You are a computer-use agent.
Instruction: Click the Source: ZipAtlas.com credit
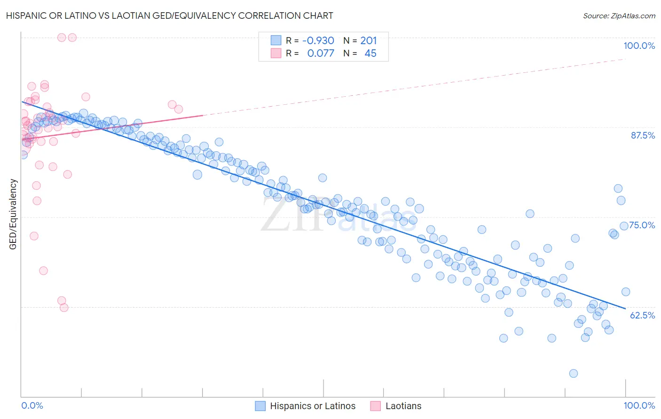pyautogui.click(x=619, y=16)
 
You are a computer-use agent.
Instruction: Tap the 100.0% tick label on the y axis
pyautogui.click(x=639, y=46)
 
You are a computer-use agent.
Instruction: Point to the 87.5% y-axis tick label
pyautogui.click(x=643, y=135)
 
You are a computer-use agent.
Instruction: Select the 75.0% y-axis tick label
pyautogui.click(x=642, y=225)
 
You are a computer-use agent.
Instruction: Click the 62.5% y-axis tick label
pyautogui.click(x=642, y=315)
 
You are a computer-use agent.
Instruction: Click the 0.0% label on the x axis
pyautogui.click(x=32, y=405)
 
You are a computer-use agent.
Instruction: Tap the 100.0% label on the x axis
pyautogui.click(x=639, y=405)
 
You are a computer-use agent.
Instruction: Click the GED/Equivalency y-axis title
pyautogui.click(x=13, y=214)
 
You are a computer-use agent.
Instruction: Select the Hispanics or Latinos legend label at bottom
pyautogui.click(x=313, y=406)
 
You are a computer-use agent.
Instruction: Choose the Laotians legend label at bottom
pyautogui.click(x=403, y=406)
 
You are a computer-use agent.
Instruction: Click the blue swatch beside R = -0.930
pyautogui.click(x=276, y=40)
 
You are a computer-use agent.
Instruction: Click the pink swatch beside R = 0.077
pyautogui.click(x=276, y=53)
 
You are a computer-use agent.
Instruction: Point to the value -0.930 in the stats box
pyautogui.click(x=318, y=40)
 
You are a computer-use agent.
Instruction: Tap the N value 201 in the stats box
pyautogui.click(x=369, y=40)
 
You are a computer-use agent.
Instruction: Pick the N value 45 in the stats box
pyautogui.click(x=370, y=53)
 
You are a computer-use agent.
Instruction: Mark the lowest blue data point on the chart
pyautogui.click(x=574, y=373)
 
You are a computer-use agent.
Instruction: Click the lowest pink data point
pyautogui.click(x=64, y=308)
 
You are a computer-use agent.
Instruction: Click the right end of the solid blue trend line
pyautogui.click(x=625, y=309)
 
